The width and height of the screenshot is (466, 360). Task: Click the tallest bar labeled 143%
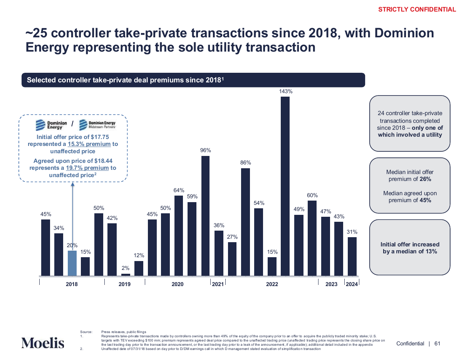[x=285, y=186]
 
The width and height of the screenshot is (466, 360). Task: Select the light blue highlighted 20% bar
[x=72, y=263]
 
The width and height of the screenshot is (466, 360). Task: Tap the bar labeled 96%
[x=205, y=216]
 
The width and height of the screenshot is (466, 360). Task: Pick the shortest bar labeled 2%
[x=126, y=275]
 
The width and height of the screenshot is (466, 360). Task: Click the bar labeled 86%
[x=245, y=222]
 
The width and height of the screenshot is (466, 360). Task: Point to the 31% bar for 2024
[x=352, y=256]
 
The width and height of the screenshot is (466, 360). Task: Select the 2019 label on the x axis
[x=124, y=284]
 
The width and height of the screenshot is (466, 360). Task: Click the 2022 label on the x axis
[x=272, y=284]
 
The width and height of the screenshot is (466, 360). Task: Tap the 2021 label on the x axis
[x=218, y=284]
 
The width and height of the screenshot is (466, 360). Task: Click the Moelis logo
[x=43, y=343]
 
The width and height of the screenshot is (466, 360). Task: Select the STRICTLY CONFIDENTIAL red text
[x=417, y=10]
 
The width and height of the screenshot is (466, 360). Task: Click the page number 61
[x=437, y=343]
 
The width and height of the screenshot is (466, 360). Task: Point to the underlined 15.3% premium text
[x=89, y=144]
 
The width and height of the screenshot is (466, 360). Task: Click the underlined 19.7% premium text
[x=87, y=168]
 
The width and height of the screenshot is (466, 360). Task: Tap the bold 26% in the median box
[x=425, y=179]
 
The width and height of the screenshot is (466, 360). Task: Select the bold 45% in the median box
[x=425, y=200]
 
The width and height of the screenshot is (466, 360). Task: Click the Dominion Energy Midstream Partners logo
[x=97, y=125]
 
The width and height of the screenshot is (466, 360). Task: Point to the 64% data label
[x=179, y=190]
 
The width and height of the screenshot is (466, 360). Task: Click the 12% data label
[x=139, y=255]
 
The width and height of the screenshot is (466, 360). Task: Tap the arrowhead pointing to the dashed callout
[x=73, y=184]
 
